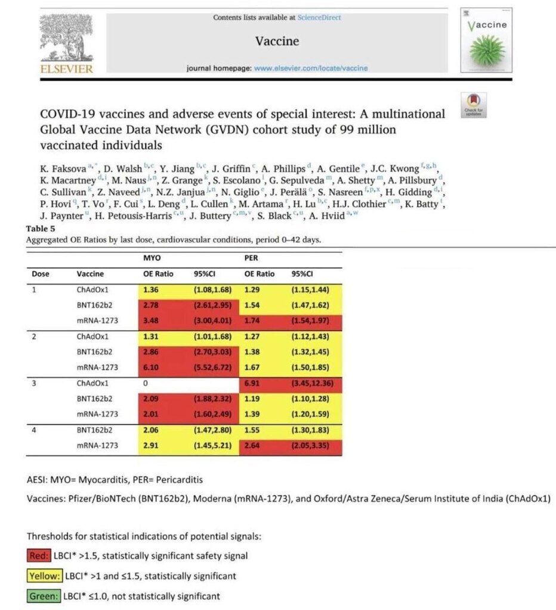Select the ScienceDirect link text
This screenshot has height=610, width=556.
320,18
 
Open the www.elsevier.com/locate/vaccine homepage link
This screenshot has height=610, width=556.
311,68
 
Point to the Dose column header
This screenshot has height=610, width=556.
41,275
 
